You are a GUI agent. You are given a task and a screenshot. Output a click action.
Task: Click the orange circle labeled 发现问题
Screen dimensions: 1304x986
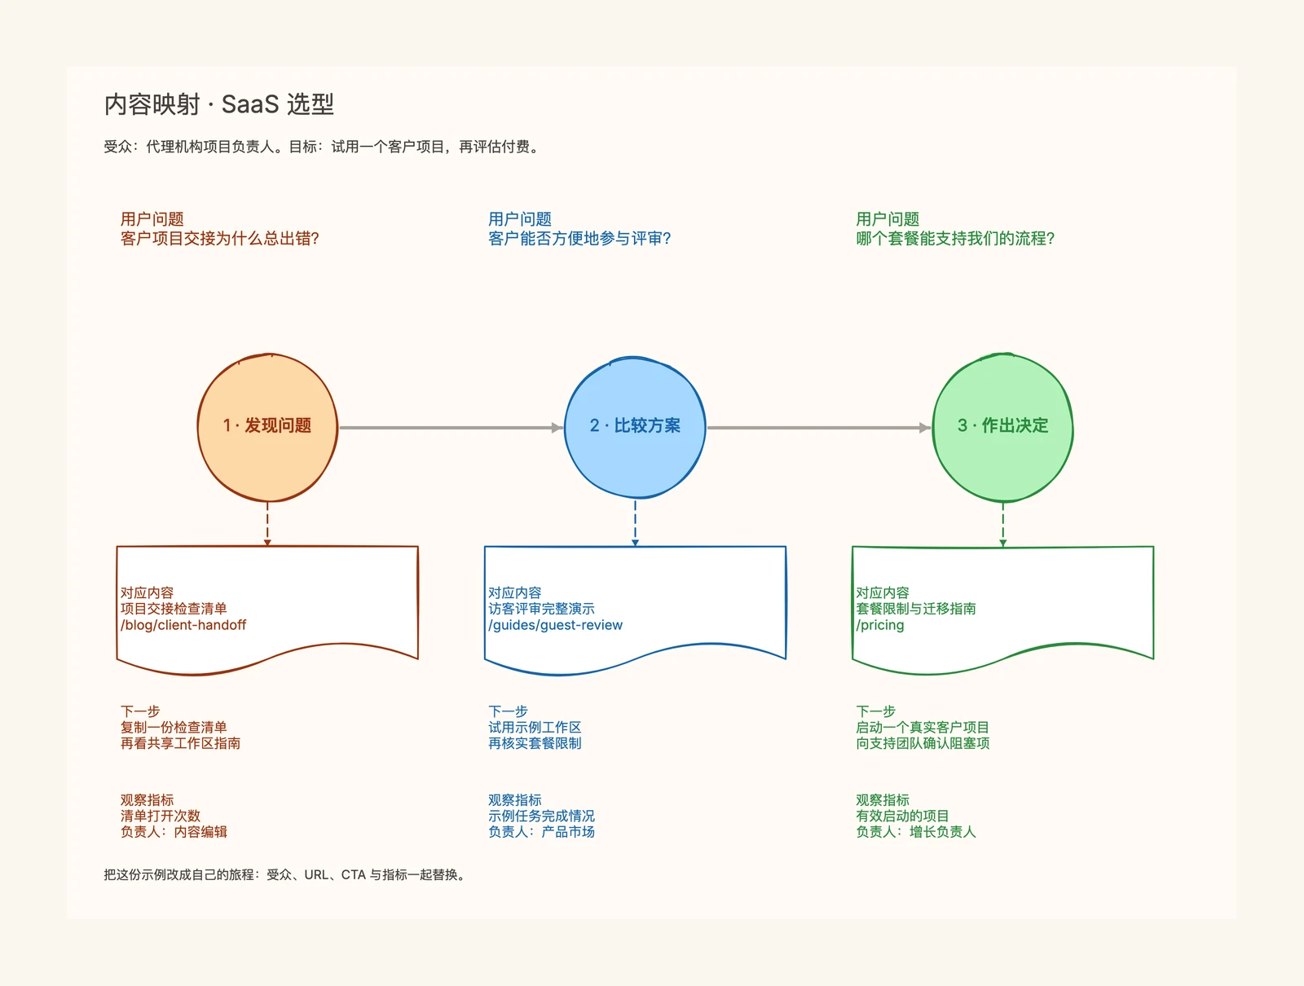coord(267,427)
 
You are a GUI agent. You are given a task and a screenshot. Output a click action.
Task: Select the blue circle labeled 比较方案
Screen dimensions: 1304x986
coord(635,427)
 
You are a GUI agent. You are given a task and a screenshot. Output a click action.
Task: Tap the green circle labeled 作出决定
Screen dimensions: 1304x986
coord(1002,427)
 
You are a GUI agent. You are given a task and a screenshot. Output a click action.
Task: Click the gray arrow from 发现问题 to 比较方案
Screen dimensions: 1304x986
coord(451,428)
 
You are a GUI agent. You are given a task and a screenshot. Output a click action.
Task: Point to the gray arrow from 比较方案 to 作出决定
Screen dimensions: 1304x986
coord(819,428)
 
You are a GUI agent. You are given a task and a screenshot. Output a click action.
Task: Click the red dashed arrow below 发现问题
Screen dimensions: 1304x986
coord(267,524)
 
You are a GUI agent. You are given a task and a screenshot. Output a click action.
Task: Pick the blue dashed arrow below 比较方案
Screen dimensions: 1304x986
coord(635,523)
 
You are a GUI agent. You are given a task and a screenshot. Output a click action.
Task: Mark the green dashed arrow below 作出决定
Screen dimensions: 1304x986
coord(1002,525)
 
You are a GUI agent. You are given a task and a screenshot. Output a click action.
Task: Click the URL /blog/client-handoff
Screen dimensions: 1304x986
coord(183,625)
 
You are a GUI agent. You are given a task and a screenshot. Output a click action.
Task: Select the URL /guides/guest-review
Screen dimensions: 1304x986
coord(556,625)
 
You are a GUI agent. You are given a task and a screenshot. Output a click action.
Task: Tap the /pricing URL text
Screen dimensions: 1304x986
coord(880,625)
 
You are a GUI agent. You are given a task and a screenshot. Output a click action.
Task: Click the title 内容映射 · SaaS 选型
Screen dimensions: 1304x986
coord(218,104)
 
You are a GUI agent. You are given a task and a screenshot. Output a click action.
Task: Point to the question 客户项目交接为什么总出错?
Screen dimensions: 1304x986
coord(220,239)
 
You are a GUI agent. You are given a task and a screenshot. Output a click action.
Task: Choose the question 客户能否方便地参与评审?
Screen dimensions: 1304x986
coord(579,239)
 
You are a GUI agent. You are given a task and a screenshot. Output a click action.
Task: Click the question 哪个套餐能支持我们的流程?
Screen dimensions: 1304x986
coord(955,239)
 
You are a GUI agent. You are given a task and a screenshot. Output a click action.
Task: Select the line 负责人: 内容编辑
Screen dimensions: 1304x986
coord(174,831)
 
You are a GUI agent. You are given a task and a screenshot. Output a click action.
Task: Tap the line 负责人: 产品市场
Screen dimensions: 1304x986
coord(541,831)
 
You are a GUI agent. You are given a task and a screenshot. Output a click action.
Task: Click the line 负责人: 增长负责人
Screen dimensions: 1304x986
coord(915,831)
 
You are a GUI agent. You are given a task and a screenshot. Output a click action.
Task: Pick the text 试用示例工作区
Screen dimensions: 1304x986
coord(535,727)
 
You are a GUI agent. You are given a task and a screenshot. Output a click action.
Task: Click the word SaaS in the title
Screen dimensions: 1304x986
coord(250,104)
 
